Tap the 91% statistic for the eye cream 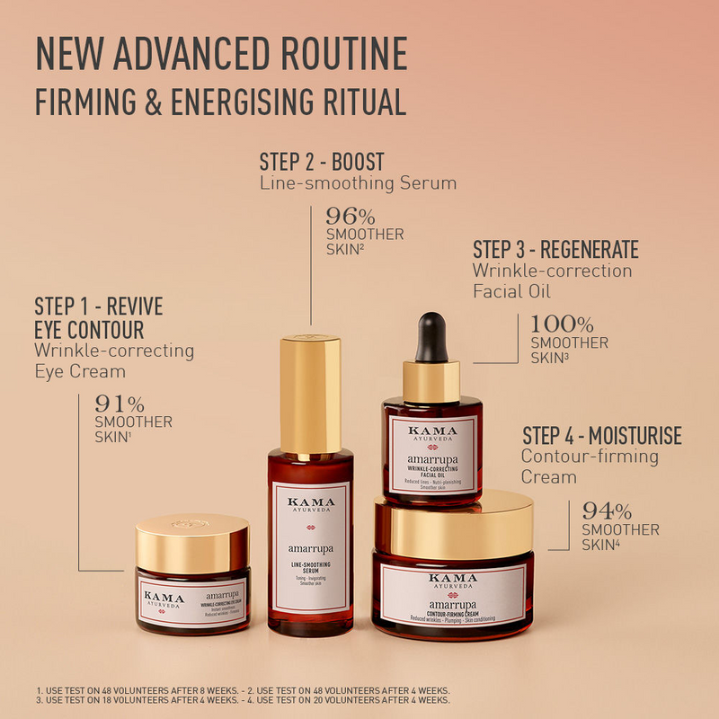120,404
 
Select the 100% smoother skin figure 561,324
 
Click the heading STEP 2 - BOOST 322,162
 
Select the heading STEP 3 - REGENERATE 555,249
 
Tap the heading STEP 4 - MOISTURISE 602,437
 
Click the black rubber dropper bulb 431,334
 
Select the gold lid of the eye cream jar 192,544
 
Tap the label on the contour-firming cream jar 454,594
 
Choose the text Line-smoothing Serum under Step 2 358,183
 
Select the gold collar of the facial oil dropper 431,381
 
